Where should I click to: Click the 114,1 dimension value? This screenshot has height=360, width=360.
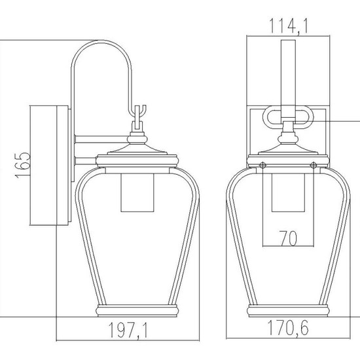click(288, 27)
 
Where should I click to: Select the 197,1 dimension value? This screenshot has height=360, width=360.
click(128, 331)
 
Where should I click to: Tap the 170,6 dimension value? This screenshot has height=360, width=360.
click(288, 329)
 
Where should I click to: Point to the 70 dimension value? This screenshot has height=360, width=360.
click(289, 238)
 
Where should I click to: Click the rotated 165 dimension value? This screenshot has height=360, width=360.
click(23, 165)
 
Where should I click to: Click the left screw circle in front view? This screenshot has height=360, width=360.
click(262, 165)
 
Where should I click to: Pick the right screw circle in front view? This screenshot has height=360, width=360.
click(314, 165)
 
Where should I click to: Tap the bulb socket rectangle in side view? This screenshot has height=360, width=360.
click(137, 192)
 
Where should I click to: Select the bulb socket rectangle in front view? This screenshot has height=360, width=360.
click(288, 192)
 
